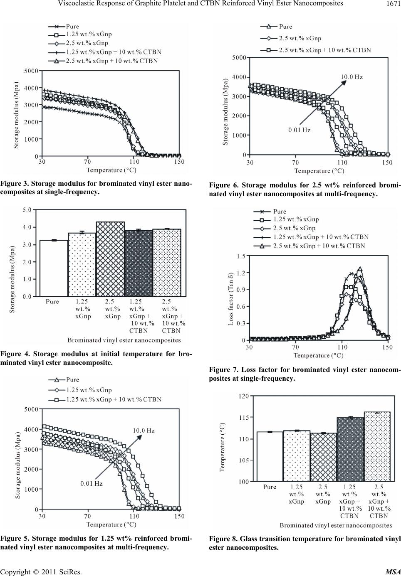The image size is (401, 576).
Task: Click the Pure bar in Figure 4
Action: pos(54,268)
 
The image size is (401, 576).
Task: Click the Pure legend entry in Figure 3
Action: pos(72,26)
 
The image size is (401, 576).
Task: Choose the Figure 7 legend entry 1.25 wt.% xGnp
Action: pos(296,219)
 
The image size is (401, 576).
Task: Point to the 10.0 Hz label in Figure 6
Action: pos(351,77)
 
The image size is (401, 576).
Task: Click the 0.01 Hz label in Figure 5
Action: pos(91,483)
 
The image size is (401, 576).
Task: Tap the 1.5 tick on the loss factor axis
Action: pos(241,256)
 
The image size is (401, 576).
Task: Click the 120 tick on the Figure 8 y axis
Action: pos(243,396)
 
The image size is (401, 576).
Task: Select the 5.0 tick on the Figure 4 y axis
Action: pos(27,210)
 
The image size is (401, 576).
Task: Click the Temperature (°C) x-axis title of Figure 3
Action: pos(111,170)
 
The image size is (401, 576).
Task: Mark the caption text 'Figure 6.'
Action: pos(223,185)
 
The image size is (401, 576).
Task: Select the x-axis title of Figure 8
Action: pos(335,525)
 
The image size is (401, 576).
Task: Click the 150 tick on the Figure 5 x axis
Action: pos(179,516)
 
